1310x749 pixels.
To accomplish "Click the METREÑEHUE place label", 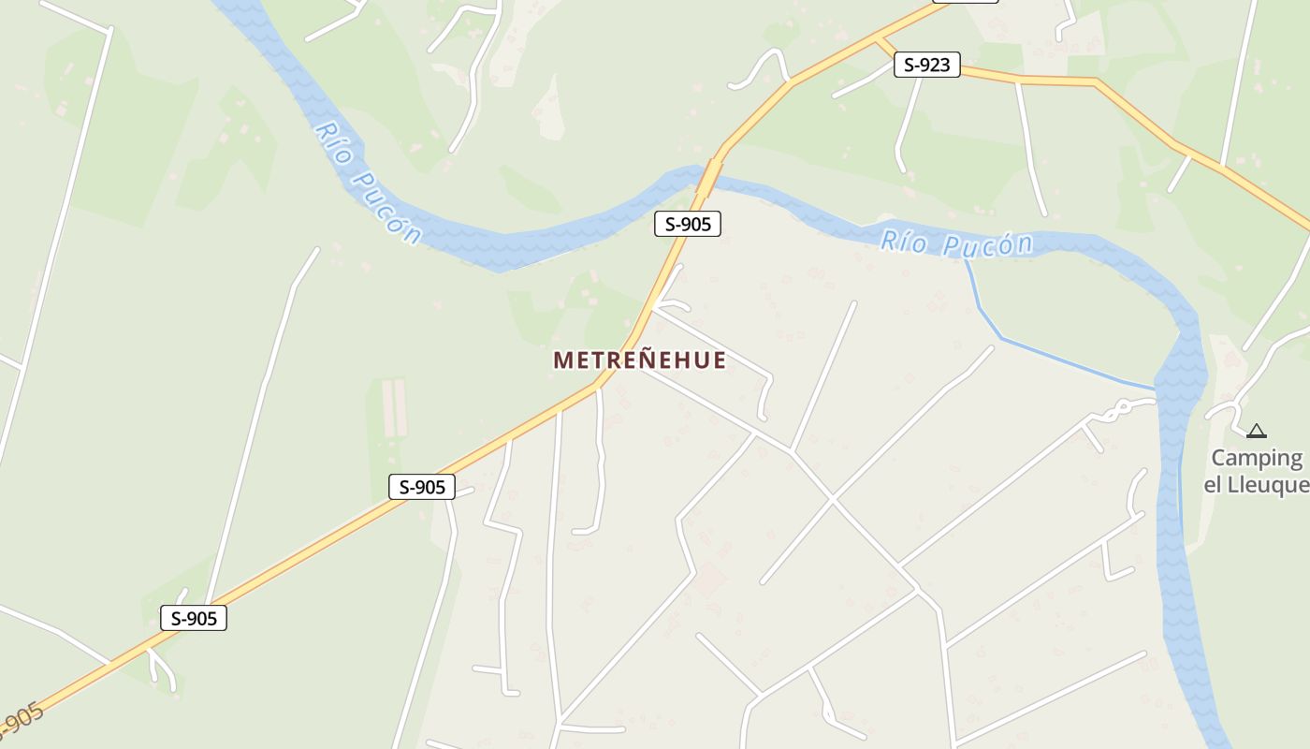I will click(639, 360).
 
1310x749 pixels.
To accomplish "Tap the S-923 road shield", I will click(926, 65).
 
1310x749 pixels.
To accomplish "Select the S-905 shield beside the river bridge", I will click(687, 224).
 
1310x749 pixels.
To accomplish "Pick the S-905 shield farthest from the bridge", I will click(194, 618).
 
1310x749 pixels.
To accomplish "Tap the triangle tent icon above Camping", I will click(1256, 431).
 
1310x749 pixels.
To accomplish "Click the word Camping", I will click(1257, 458).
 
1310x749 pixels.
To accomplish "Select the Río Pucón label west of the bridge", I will click(368, 183).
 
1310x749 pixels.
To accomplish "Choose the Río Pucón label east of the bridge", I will click(956, 244).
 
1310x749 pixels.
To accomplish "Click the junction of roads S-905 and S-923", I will click(877, 41).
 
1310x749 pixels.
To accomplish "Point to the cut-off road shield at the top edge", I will click(965, 1).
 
